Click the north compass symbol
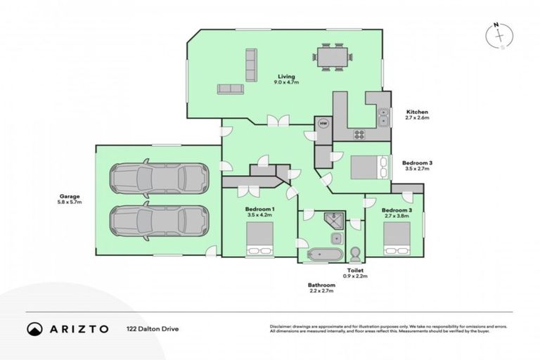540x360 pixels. [498, 36]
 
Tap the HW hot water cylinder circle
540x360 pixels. [323, 124]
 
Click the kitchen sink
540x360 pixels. [383, 116]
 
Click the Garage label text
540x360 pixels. [70, 199]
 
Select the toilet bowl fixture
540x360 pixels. [354, 253]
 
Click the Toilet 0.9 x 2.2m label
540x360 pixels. [355, 273]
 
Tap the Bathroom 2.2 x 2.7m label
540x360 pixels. [321, 288]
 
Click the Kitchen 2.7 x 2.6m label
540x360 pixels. [417, 115]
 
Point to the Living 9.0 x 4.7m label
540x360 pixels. [285, 79]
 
